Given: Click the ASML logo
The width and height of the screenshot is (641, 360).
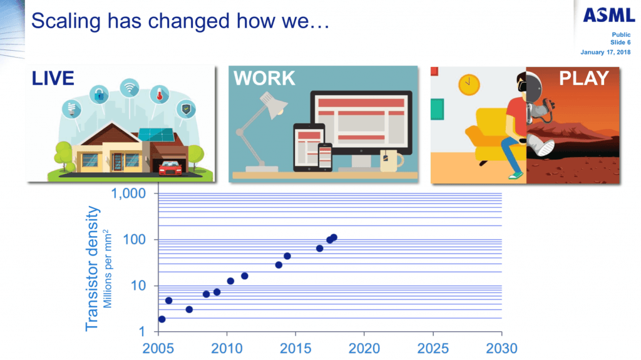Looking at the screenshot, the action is tap(608, 15).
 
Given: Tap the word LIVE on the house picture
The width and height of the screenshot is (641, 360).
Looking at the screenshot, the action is tap(53, 78).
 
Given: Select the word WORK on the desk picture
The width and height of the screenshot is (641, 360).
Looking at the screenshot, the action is tap(264, 78).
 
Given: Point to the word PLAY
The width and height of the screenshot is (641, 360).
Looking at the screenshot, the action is tap(584, 78).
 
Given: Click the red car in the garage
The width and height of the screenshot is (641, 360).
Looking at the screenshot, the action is tap(170, 168).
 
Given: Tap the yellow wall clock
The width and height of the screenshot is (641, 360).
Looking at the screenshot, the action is tap(469, 85).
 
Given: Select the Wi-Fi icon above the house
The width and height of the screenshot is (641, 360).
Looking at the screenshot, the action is tap(130, 88).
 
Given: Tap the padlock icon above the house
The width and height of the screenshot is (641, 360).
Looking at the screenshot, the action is tap(100, 95).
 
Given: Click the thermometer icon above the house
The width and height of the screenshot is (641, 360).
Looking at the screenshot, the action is tap(160, 95).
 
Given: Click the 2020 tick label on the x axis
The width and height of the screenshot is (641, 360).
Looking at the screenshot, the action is tap(364, 349).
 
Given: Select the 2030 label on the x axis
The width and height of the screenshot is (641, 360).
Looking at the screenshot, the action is tap(501, 349).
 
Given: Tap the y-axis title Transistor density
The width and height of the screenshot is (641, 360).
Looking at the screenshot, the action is tap(93, 269).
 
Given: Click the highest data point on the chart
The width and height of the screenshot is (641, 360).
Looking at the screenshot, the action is tap(334, 237).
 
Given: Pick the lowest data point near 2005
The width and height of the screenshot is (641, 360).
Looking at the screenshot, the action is tap(162, 319).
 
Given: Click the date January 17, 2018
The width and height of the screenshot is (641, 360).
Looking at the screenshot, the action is tap(605, 52).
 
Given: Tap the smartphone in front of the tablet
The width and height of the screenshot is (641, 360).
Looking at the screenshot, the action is tap(325, 157).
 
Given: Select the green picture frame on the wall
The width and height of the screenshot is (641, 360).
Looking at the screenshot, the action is tap(437, 109).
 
